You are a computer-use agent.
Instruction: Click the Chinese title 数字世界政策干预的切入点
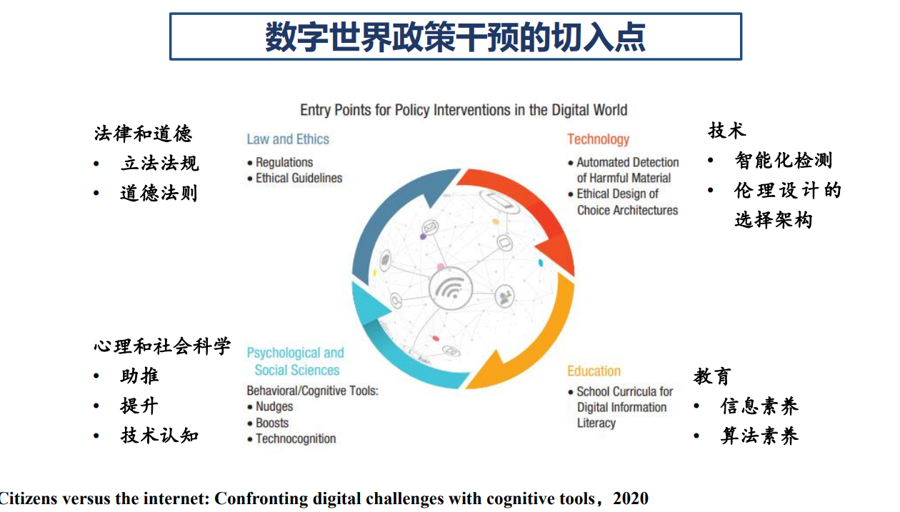455,37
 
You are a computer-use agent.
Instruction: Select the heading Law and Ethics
288,139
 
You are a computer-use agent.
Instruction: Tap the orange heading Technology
598,139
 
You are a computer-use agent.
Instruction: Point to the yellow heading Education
594,371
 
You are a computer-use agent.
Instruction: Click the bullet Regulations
284,162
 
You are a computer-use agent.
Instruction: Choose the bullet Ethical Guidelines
299,178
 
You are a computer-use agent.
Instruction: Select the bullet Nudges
274,406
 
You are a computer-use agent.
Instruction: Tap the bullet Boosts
272,423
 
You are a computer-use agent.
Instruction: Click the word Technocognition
296,438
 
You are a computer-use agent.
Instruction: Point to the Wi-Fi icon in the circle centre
451,288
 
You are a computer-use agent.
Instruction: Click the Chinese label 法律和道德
143,134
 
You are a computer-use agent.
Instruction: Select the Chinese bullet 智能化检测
784,160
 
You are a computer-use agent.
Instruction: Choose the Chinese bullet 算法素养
759,436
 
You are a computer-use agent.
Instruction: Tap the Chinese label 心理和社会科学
162,346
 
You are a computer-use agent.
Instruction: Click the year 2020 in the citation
631,498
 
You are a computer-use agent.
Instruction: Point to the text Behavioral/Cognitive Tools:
313,391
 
